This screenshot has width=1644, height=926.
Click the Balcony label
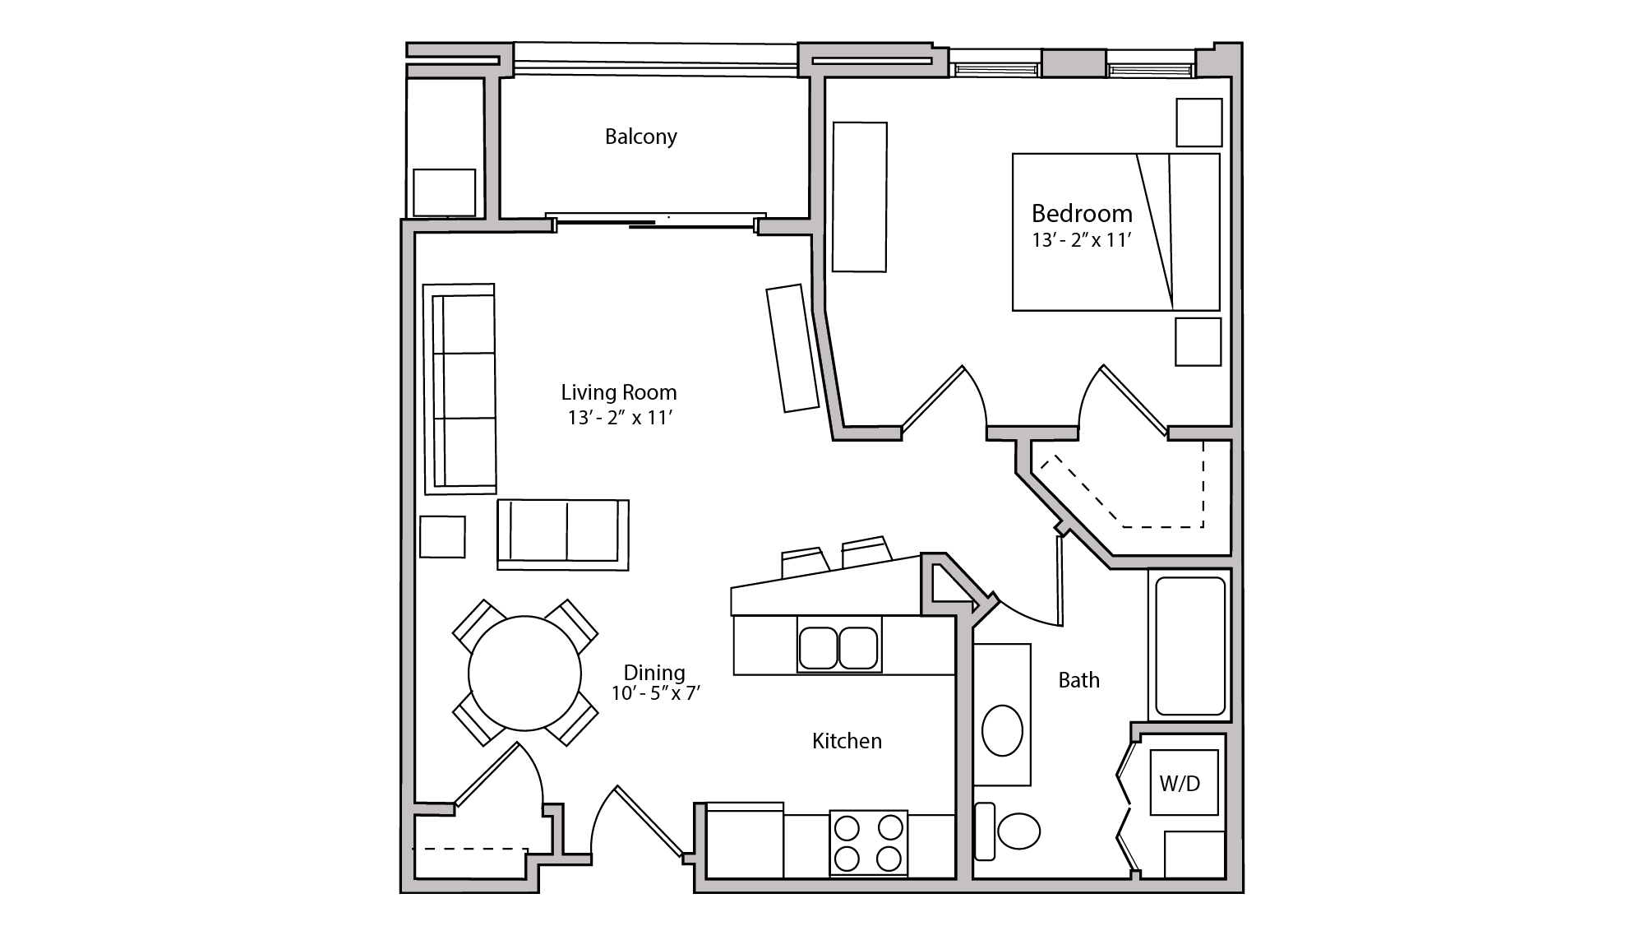[x=640, y=137]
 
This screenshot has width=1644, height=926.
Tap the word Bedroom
[x=1082, y=214]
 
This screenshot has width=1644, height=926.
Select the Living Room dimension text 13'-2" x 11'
[x=620, y=418]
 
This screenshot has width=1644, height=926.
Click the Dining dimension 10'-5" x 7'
[x=655, y=693]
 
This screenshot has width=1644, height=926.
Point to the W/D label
[x=1180, y=784]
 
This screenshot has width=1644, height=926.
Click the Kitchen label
[x=847, y=741]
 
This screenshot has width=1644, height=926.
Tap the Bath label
[x=1078, y=680]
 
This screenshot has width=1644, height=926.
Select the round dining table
[x=524, y=674]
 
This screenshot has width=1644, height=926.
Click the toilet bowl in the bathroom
[x=1018, y=831]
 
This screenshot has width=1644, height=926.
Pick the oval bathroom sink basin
[x=1002, y=729]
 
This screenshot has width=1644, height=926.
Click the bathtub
[x=1189, y=646]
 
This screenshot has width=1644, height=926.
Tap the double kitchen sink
[x=838, y=647]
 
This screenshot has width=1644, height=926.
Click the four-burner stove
[x=868, y=842]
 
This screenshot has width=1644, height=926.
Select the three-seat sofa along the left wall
[x=461, y=389]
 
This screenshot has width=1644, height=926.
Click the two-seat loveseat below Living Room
[x=563, y=534]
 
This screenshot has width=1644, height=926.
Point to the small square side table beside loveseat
[x=442, y=536]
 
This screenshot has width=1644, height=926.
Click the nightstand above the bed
[x=1198, y=123]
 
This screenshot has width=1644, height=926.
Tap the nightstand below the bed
[x=1198, y=341]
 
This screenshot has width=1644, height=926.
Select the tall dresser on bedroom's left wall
[x=860, y=197]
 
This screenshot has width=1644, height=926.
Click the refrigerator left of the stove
[x=745, y=840]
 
